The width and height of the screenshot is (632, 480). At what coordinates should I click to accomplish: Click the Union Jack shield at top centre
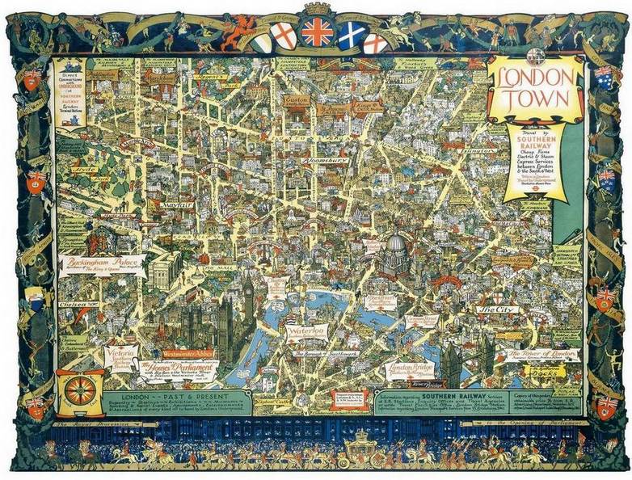[316, 33]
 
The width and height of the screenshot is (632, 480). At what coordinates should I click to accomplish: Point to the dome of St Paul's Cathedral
[395, 248]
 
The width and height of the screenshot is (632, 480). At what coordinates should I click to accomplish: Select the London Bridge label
[410, 368]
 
